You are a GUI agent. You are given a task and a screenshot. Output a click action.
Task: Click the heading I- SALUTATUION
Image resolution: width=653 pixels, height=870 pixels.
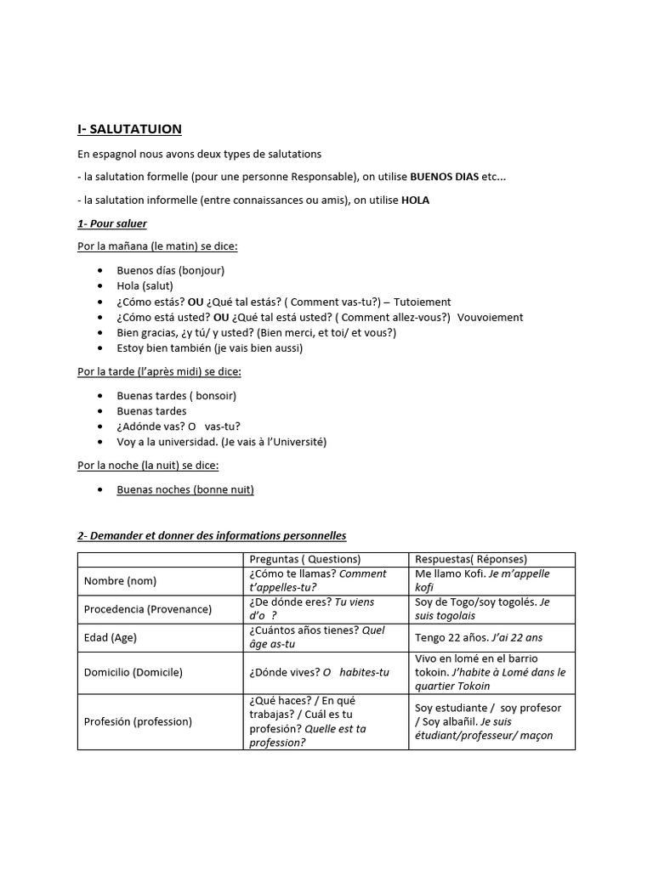(129, 129)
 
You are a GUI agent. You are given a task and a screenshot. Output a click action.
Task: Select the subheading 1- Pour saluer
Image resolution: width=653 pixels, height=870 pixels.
(112, 223)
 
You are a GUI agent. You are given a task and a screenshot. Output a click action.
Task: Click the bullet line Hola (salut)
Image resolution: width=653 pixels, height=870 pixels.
(145, 285)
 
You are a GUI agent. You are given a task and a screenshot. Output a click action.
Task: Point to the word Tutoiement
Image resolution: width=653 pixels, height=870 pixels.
(423, 302)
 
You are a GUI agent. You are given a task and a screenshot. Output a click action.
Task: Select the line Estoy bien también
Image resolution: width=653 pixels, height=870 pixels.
(209, 347)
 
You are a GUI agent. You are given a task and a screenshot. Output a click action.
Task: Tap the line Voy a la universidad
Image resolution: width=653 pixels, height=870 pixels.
(221, 442)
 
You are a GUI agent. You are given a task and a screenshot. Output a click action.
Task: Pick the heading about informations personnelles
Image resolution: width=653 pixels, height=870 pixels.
(212, 536)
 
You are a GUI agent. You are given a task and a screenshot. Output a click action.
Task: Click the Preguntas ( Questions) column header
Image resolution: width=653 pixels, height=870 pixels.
(304, 559)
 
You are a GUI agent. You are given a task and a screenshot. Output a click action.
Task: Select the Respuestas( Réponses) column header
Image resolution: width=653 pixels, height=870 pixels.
(470, 559)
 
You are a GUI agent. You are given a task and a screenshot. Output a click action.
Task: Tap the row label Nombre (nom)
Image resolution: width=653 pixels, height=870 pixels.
(120, 581)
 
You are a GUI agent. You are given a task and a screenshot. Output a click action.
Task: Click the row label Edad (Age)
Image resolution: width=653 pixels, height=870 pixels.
(111, 637)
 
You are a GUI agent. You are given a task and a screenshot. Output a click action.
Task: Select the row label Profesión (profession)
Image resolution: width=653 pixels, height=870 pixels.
(138, 721)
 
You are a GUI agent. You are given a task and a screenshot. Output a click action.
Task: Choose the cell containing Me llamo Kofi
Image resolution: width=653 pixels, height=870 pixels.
(482, 580)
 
